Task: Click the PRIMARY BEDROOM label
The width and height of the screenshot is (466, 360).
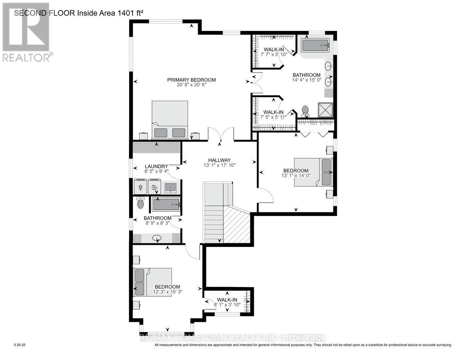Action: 191,80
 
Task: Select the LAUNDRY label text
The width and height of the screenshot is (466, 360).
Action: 157,166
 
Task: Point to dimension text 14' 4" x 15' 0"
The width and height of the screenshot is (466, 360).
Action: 306,80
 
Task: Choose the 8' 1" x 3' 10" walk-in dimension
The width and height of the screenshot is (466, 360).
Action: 227,305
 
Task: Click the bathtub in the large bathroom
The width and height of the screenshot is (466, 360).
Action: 315,46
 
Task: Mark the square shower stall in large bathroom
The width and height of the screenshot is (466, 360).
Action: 326,110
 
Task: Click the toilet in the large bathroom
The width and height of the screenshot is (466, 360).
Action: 305,110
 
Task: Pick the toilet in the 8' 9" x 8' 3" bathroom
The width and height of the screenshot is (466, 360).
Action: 140,203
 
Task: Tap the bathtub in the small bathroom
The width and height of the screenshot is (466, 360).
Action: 166,204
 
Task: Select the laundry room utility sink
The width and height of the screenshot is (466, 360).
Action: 170,187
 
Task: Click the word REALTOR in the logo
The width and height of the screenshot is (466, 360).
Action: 26,57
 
